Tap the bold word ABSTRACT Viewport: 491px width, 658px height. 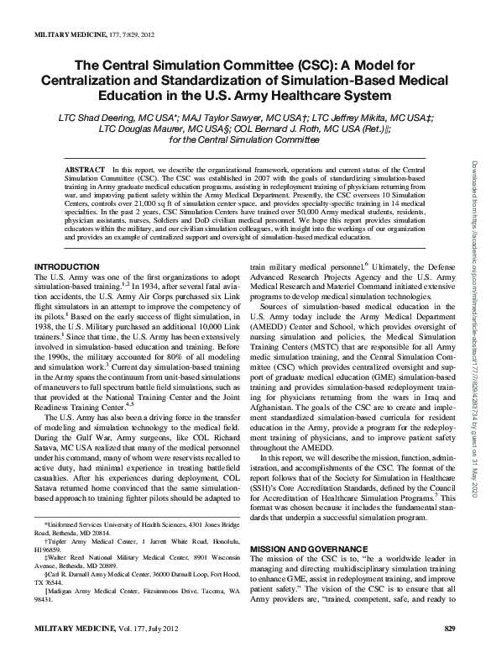[86, 169]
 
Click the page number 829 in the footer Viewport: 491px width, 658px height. [448, 652]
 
